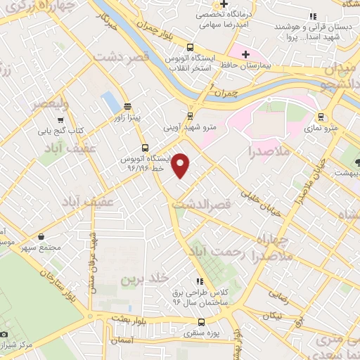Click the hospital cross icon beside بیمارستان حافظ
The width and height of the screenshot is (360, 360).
(x=245, y=54)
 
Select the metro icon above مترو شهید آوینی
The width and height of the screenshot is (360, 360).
(x=191, y=117)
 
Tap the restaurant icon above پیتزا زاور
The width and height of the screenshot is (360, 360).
(x=127, y=107)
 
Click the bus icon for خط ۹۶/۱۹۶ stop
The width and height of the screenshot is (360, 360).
(x=145, y=148)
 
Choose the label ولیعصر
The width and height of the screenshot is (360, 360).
(x=31, y=105)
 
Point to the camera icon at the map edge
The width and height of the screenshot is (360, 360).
(x=4, y=333)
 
